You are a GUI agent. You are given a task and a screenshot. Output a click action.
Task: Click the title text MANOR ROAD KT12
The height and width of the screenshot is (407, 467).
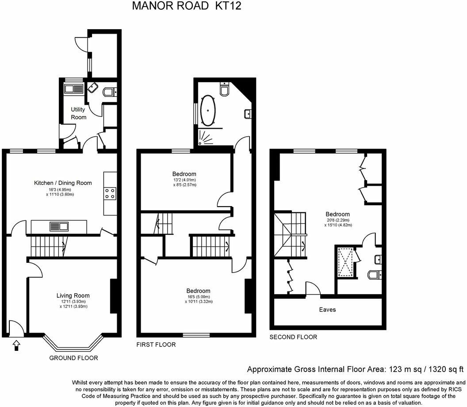(187, 6)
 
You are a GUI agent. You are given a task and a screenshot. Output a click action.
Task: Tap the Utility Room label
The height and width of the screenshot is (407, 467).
(78, 113)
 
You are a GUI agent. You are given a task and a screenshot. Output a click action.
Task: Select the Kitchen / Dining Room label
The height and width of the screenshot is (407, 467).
(63, 183)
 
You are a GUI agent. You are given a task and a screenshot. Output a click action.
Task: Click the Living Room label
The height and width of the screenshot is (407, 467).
(73, 296)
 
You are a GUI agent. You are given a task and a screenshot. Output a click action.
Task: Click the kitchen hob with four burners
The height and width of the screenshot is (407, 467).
(110, 193)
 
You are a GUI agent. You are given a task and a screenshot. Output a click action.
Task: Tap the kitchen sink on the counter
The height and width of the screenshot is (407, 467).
(59, 227)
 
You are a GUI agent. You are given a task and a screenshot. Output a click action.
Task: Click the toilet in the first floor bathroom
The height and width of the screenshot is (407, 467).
(225, 90)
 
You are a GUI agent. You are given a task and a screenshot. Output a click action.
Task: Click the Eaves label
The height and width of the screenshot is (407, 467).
(327, 310)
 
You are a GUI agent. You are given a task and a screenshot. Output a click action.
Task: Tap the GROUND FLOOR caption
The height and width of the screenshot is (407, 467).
(73, 358)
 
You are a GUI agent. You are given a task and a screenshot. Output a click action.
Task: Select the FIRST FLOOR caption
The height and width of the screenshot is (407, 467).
(156, 345)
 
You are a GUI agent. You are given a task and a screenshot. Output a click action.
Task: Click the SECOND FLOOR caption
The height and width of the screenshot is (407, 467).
(293, 337)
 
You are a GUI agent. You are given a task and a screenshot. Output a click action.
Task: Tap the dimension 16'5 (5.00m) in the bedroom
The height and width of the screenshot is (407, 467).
(198, 296)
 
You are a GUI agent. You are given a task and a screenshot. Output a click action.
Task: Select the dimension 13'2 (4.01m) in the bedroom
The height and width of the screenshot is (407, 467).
(184, 180)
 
